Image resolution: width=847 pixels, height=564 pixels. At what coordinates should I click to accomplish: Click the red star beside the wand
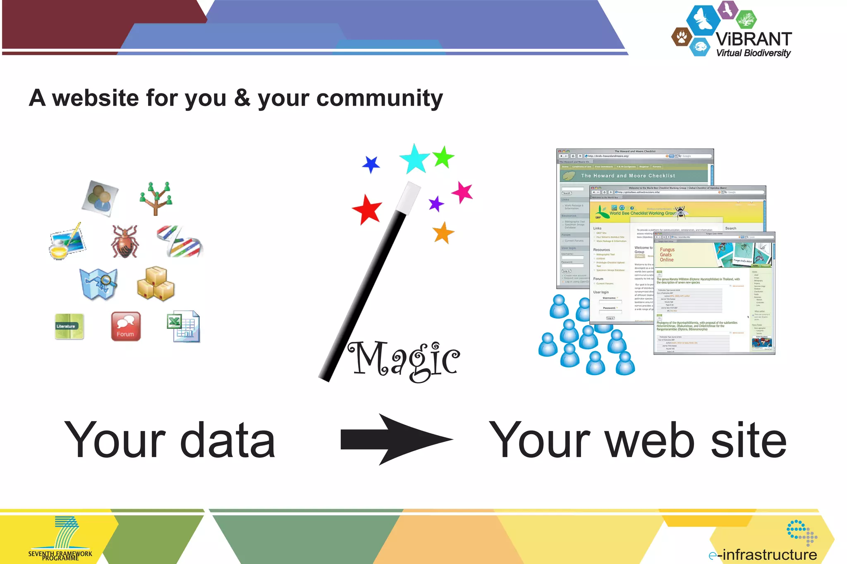(x=367, y=209)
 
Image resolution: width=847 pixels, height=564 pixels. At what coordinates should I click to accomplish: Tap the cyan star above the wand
(x=414, y=158)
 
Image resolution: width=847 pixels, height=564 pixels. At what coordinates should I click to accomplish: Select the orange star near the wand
(x=443, y=233)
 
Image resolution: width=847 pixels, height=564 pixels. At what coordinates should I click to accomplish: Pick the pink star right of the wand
(x=462, y=192)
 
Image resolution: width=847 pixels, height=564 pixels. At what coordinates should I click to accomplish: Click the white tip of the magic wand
(x=408, y=198)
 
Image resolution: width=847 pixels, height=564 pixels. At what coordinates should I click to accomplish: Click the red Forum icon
(x=126, y=326)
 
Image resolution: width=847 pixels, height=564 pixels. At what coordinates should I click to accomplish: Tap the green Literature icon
(x=69, y=326)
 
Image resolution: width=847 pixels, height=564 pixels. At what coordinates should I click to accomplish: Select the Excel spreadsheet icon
(x=184, y=326)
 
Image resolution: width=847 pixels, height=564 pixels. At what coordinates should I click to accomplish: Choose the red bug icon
(x=124, y=242)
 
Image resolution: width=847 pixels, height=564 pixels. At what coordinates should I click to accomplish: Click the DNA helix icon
(x=180, y=241)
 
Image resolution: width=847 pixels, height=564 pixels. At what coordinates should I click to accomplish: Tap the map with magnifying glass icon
(x=99, y=284)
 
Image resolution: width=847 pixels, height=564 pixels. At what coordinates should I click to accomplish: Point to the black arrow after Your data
(x=396, y=440)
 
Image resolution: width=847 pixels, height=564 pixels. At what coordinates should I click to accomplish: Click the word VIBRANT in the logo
(x=754, y=39)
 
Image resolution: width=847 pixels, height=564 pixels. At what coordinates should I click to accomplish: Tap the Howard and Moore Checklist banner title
(x=628, y=176)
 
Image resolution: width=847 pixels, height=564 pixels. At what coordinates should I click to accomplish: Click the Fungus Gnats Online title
(x=667, y=255)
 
